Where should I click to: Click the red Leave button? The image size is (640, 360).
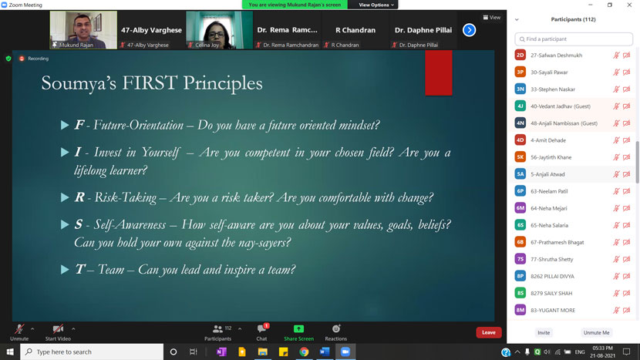click(x=488, y=332)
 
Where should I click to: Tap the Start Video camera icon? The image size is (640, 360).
click(x=58, y=329)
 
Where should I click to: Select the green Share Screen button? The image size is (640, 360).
click(x=298, y=329)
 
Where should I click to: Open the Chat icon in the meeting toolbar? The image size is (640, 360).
click(x=261, y=329)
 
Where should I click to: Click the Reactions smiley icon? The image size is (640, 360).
click(x=335, y=329)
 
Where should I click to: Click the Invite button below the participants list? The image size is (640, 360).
click(x=544, y=332)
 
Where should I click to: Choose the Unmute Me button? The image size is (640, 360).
click(x=596, y=332)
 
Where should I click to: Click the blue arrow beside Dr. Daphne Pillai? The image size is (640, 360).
click(x=469, y=30)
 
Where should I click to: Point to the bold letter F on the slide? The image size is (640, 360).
click(x=79, y=125)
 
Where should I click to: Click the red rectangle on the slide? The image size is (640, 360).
click(x=438, y=72)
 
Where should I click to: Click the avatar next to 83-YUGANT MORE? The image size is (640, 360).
click(x=520, y=310)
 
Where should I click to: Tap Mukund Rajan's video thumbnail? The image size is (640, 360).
click(x=83, y=30)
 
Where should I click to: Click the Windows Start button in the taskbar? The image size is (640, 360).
click(x=10, y=352)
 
